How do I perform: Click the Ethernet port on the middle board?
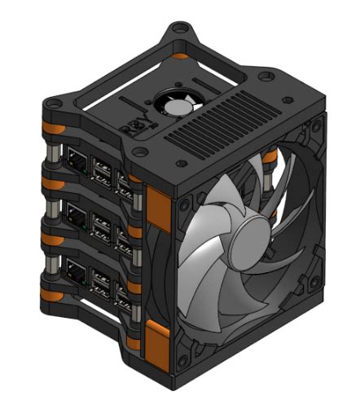click(x=75, y=216)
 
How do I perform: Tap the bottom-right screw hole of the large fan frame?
click(x=311, y=299)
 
